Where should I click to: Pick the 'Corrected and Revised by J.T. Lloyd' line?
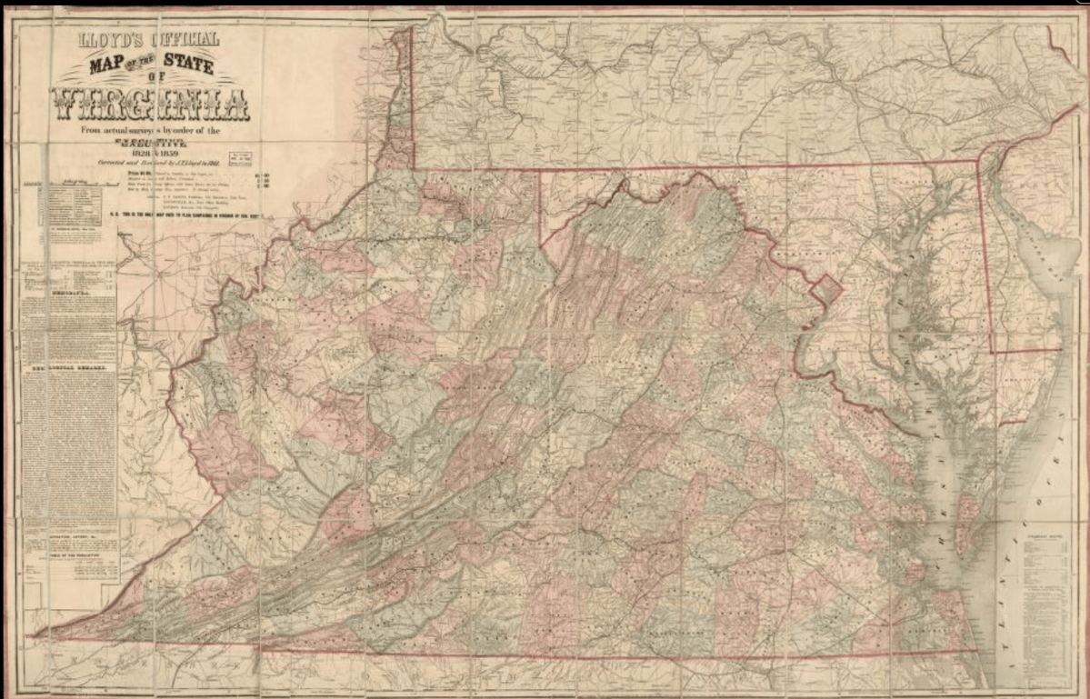150,163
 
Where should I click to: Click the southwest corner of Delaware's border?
992,351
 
